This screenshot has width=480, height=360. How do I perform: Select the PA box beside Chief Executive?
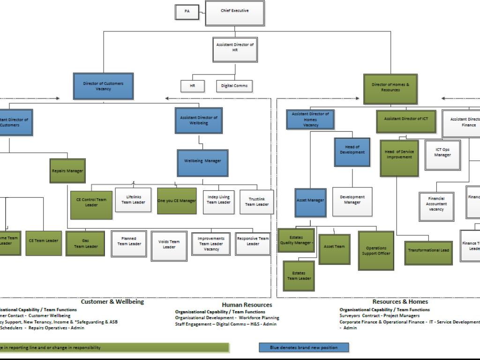(x=187, y=12)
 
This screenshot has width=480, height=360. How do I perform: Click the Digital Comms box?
(x=234, y=86)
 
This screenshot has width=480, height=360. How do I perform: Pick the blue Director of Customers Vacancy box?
(x=103, y=86)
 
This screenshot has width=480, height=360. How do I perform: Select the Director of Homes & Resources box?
(x=390, y=88)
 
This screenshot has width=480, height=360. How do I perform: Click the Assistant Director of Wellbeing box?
(x=199, y=120)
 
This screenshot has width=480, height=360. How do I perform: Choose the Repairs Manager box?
(x=67, y=171)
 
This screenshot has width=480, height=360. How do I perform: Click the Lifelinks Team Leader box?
(x=133, y=200)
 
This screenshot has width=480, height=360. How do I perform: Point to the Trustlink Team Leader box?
(x=256, y=202)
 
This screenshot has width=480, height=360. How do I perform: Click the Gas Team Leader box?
(x=86, y=243)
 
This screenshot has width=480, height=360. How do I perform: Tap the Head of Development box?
(x=352, y=152)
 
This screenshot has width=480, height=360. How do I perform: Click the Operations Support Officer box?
(x=376, y=250)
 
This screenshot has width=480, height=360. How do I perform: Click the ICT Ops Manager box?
(x=442, y=155)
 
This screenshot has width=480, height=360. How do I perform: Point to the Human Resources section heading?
(x=247, y=305)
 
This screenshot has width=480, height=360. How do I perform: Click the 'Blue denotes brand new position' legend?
(x=304, y=347)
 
